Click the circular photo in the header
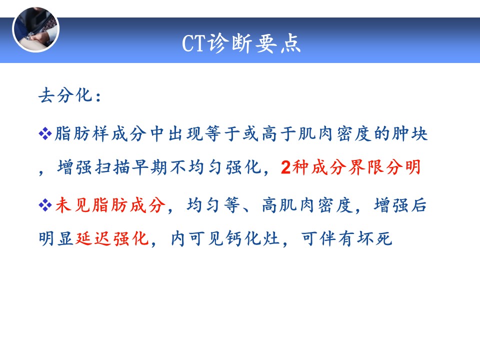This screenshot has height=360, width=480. click(x=36, y=29)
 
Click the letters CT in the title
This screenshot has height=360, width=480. click(x=194, y=43)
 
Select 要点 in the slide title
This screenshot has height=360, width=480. click(x=277, y=43)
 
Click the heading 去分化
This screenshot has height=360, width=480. click(x=65, y=95)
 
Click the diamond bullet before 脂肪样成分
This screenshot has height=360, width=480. click(x=45, y=134)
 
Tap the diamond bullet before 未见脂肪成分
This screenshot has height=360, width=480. click(x=45, y=205)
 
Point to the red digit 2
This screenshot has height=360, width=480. click(x=285, y=167)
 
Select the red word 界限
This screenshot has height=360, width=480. click(x=366, y=167)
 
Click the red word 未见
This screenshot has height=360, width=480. click(x=73, y=205)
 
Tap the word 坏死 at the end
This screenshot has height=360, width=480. click(x=374, y=239)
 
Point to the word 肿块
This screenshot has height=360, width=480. click(x=410, y=134)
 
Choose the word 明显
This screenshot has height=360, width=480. click(x=56, y=239)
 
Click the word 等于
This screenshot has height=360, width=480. click(x=223, y=134)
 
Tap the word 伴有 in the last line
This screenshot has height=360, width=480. click(x=337, y=239)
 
